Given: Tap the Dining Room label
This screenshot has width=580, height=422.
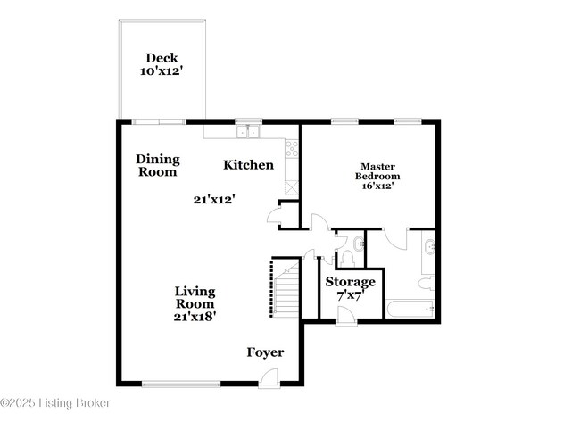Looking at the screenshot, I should tap(158, 166).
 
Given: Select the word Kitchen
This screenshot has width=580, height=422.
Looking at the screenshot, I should tap(248, 164).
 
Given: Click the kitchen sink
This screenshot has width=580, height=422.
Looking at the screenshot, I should tap(247, 133).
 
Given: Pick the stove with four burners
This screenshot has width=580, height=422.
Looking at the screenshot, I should tap(291, 149).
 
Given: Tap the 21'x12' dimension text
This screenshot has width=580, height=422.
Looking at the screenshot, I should tap(213, 200).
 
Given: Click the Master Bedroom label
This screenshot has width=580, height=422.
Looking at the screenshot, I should tap(377, 170).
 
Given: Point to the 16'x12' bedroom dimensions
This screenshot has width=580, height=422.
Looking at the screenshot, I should tap(377, 186).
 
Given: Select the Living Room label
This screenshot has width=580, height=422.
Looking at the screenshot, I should tap(195, 297).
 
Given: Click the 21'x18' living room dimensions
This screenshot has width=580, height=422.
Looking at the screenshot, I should tap(195, 314).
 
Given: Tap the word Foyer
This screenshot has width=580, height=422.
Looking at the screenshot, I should tap(265, 352).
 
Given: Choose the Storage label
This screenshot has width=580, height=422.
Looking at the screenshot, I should tap(350, 282).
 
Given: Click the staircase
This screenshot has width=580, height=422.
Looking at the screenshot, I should tap(285, 287).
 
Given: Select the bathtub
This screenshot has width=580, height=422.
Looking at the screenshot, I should tap(410, 310).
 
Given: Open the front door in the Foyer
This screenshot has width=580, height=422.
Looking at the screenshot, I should tap(266, 379).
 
